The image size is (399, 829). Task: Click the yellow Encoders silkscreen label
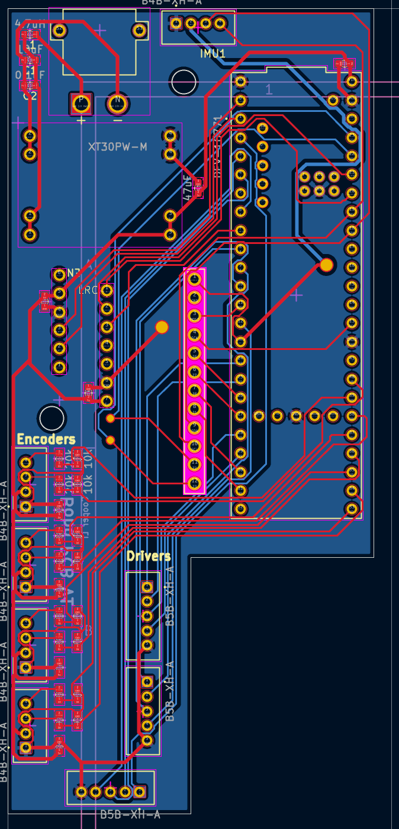pos(46,439)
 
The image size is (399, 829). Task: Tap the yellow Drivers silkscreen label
pos(148,556)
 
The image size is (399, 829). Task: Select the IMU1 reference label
pos(213,54)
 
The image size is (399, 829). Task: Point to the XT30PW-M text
pos(121,146)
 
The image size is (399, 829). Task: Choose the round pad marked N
pos(117,103)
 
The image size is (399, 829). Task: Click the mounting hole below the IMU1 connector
pos(183,82)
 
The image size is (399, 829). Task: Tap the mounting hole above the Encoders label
pos(52,418)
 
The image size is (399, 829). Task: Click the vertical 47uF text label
pos(188,189)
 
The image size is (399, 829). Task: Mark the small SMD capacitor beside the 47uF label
pos(198,188)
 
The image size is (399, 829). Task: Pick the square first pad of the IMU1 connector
pos(176,24)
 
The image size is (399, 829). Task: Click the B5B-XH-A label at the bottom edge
pos(130,815)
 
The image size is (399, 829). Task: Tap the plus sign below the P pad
pos(81,121)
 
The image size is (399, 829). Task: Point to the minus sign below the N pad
pos(117,121)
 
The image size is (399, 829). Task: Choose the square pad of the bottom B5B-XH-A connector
pos(140,791)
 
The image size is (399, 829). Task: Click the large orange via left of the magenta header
pos(162,327)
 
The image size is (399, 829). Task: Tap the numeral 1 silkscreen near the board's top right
pos(269,89)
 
